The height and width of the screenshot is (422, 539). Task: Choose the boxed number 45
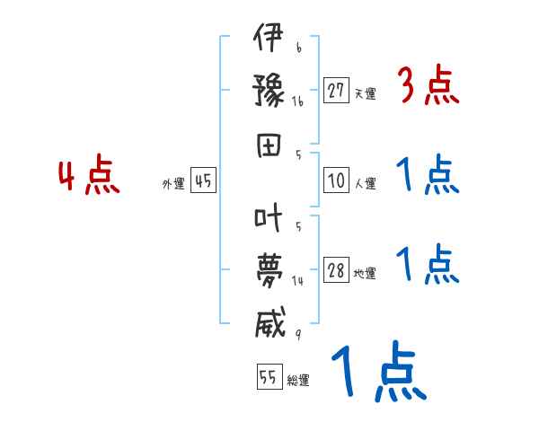[203, 181]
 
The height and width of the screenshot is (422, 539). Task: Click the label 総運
[298, 381]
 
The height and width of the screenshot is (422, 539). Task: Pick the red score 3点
[428, 86]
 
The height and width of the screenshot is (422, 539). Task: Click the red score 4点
[89, 176]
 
